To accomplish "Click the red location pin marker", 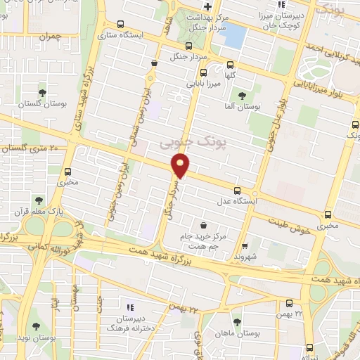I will (x=181, y=166).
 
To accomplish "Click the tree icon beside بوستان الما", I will (x=242, y=95).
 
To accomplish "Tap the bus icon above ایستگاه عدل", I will (x=236, y=190).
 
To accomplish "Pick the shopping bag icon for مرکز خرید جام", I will (x=204, y=226).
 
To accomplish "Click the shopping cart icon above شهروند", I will (x=244, y=246).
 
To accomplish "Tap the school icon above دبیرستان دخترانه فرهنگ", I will (x=129, y=307).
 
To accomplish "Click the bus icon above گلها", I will (x=203, y=72).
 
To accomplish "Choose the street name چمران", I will (x=51, y=35).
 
